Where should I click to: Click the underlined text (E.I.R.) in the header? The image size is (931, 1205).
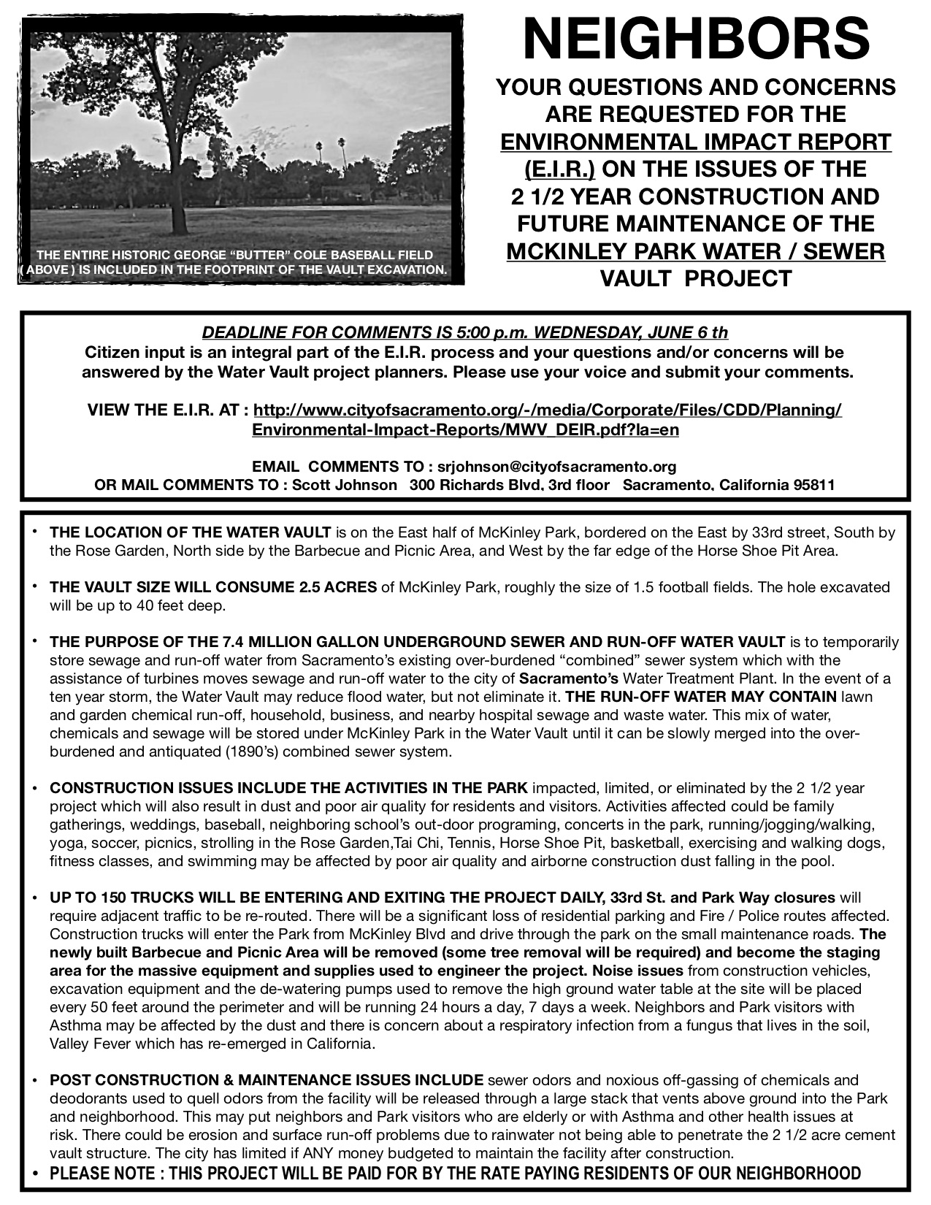coord(559,169)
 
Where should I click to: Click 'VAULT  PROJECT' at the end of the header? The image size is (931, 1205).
coord(695,278)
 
